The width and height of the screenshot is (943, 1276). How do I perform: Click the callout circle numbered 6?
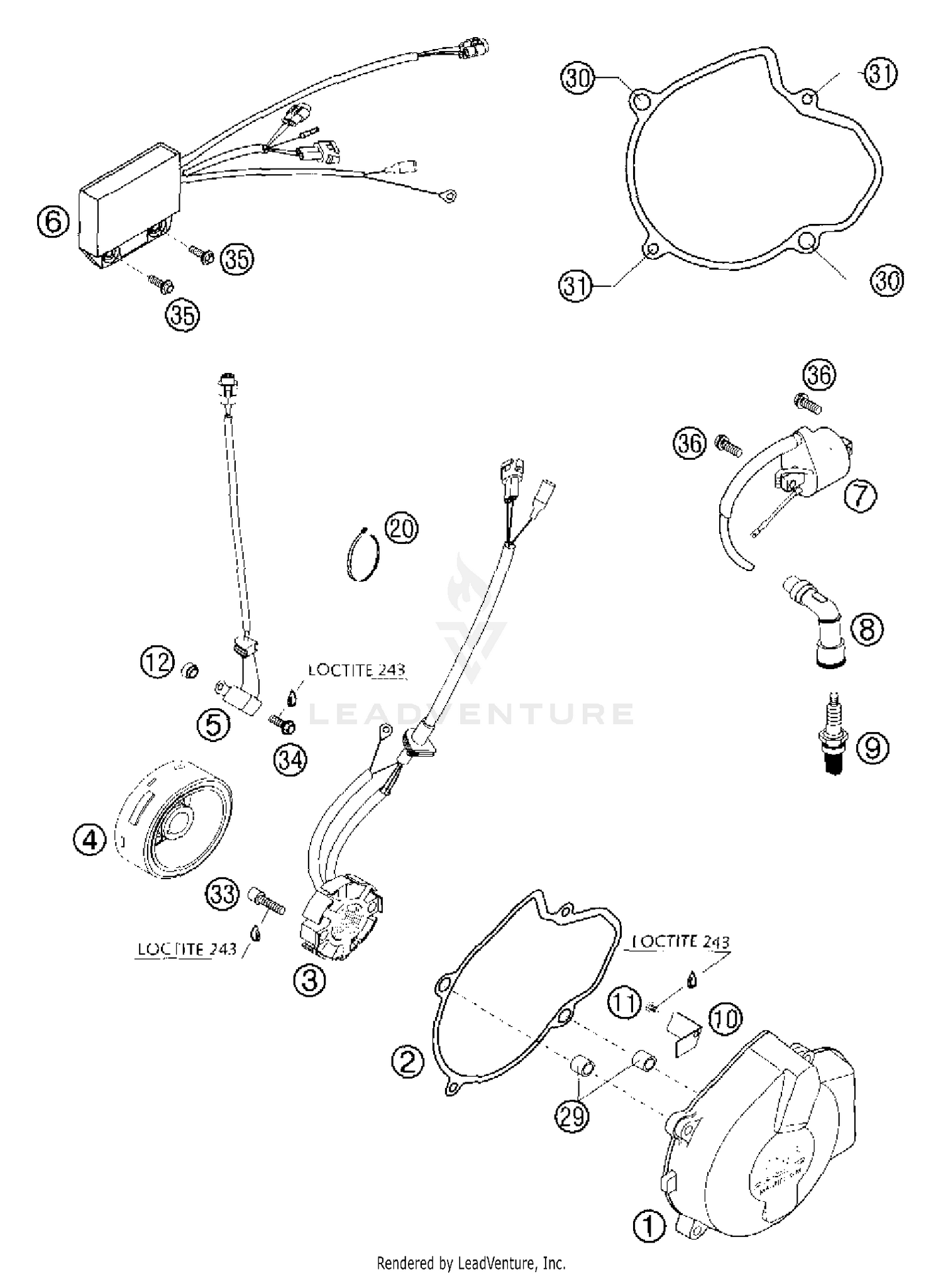(53, 221)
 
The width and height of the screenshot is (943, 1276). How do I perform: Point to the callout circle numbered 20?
(401, 528)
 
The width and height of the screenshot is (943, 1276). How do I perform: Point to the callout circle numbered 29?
(571, 1116)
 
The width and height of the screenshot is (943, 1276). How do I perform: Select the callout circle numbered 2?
(407, 1062)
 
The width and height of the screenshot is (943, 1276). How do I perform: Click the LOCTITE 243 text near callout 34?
(356, 670)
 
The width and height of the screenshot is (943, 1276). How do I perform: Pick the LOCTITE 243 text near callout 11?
(681, 941)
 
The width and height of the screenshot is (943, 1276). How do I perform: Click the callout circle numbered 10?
(725, 1018)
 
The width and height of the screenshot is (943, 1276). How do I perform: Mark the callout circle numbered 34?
(290, 760)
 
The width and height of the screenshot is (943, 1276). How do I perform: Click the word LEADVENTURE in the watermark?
(472, 714)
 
